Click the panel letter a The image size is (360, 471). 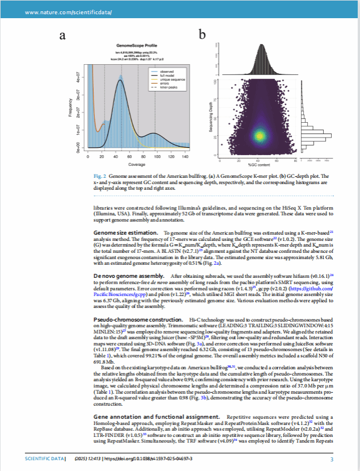pos(63,36)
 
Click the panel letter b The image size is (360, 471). pos(202,36)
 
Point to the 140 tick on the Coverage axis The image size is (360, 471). pos(185,156)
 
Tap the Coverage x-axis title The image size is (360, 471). pos(136,164)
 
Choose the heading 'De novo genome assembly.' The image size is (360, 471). pos(128,275)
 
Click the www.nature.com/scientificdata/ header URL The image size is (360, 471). pos(61,12)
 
